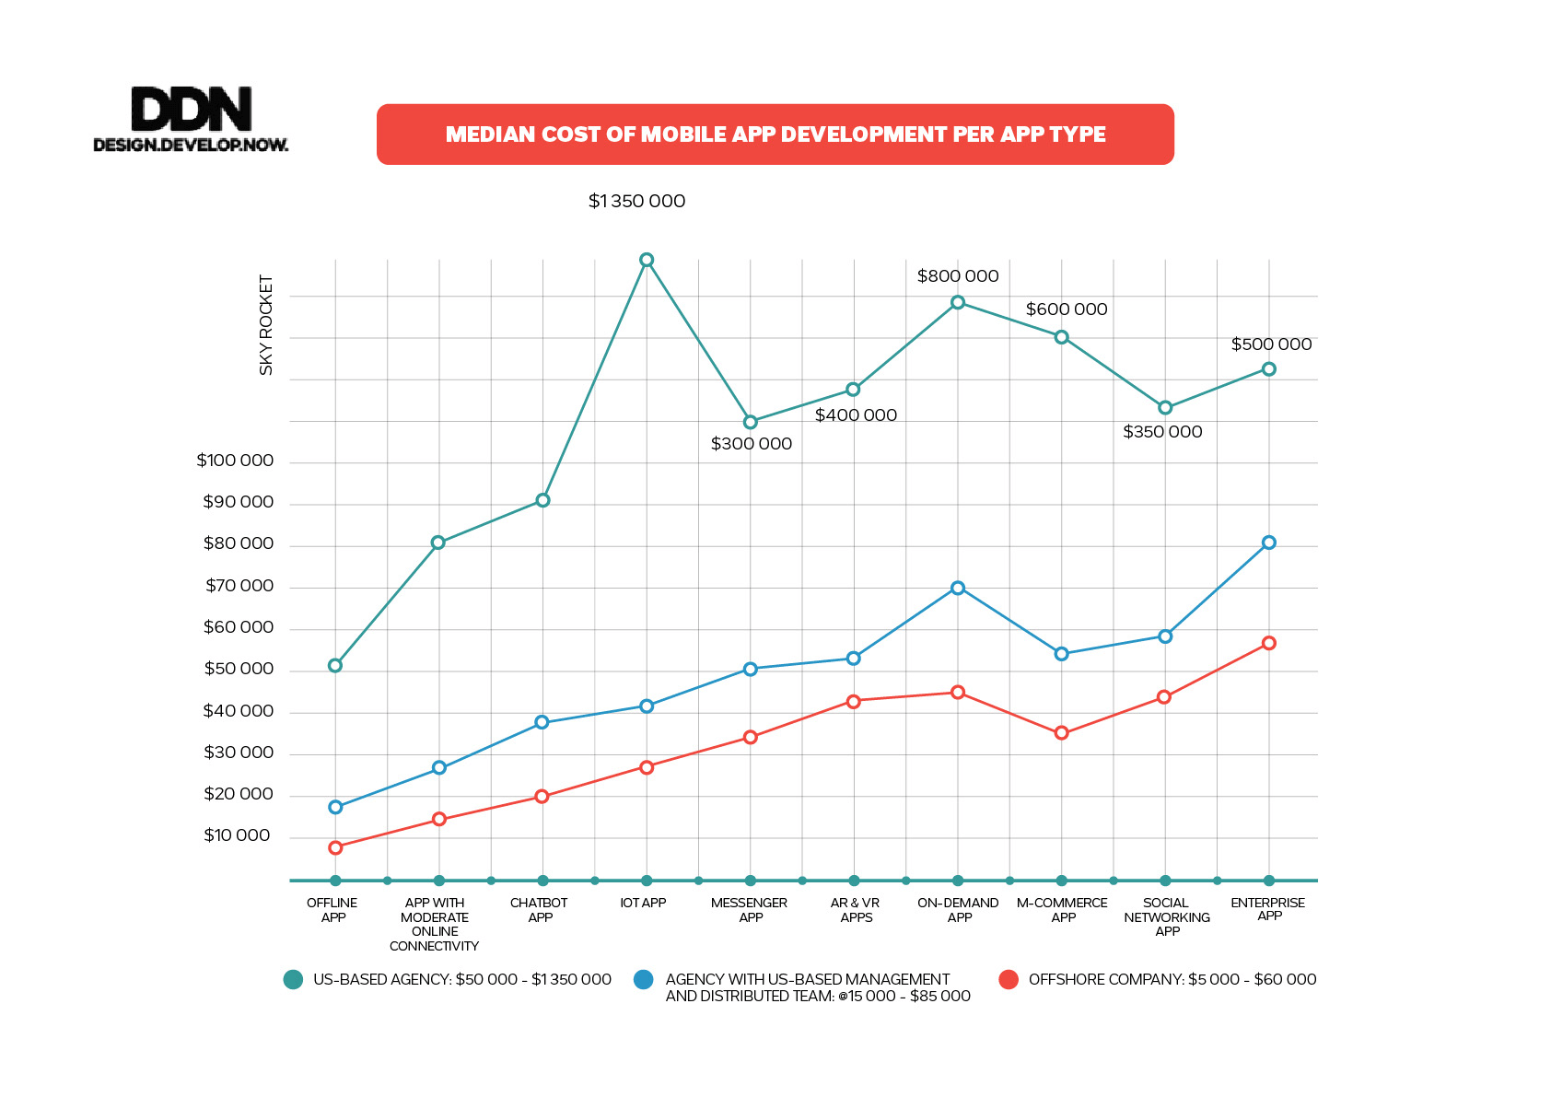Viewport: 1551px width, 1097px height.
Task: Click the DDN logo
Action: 191,119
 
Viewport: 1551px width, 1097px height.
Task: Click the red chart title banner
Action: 775,134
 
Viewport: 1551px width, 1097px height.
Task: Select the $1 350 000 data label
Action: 636,201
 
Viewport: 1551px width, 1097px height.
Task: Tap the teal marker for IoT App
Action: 647,260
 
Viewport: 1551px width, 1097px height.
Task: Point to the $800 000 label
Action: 958,276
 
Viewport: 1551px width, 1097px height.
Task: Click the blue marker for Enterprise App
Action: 1268,543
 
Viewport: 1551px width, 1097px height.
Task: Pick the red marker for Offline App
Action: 335,847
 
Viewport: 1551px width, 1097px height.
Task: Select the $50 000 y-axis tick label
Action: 239,669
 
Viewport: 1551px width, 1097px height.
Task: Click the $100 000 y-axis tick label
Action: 235,461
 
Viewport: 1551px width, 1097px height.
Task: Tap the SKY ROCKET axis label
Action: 266,325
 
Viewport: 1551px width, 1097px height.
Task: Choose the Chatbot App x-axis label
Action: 539,910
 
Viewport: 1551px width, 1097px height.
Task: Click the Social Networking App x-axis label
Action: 1166,916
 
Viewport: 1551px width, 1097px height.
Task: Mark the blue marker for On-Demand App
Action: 958,588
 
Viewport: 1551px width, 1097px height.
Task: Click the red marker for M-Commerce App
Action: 1061,733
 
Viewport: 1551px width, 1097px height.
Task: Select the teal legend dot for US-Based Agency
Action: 293,979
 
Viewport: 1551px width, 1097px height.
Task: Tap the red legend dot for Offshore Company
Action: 1009,979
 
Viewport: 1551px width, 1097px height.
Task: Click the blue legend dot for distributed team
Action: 644,979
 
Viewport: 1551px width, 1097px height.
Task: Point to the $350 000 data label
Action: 1162,432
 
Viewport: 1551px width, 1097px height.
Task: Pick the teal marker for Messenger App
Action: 751,422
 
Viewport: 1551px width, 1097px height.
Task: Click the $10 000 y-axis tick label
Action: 237,835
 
